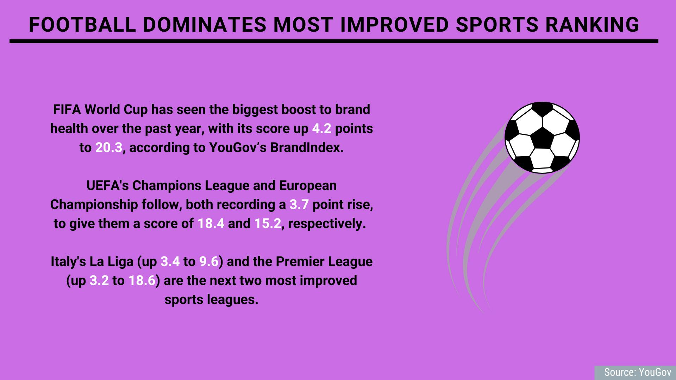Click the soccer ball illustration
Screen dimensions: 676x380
click(542, 138)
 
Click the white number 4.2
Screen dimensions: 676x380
click(322, 129)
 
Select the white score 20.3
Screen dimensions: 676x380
click(108, 148)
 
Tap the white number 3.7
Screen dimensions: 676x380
click(299, 205)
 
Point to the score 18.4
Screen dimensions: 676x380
click(211, 224)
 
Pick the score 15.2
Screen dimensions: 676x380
click(268, 224)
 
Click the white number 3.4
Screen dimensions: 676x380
click(170, 262)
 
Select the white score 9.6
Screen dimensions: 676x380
click(209, 262)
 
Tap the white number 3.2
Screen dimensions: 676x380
click(99, 281)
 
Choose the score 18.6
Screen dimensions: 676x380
click(142, 281)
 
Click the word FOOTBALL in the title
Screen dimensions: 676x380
click(82, 25)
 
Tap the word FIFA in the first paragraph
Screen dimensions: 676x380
click(67, 110)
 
